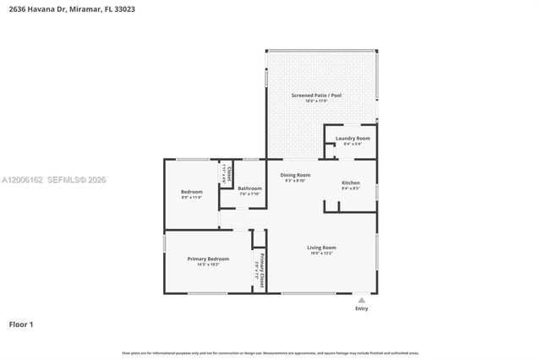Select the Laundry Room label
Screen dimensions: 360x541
coord(352,138)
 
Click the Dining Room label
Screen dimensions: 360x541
coord(296,175)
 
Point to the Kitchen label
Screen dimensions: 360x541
coord(351,183)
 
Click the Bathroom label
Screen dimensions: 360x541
coord(249,188)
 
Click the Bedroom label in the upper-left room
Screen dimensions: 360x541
coord(192,192)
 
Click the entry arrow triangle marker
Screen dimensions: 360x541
coord(362,300)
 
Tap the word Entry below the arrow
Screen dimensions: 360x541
coord(362,309)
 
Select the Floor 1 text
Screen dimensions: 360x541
coord(21,324)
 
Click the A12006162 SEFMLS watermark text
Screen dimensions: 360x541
coord(53,180)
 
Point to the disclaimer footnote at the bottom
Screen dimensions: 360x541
coord(270,353)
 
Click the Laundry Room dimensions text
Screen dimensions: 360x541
coord(352,144)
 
